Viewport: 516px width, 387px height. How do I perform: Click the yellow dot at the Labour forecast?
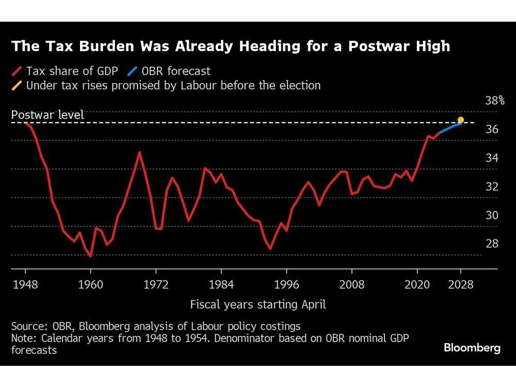click(461, 120)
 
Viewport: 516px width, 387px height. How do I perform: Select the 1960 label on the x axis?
click(90, 284)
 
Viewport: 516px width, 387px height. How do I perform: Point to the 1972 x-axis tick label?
click(156, 284)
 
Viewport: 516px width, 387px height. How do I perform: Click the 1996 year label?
click(286, 284)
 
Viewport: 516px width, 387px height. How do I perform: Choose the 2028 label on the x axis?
click(461, 284)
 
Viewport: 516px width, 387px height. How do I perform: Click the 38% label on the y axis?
click(495, 100)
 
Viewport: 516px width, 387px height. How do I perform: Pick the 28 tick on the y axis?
click(492, 243)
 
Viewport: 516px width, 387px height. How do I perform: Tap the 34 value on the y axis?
click(492, 157)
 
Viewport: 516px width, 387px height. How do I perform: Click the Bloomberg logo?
click(472, 348)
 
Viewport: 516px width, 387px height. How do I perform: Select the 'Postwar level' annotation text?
click(47, 115)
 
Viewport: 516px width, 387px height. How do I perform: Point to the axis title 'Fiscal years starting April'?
click(258, 304)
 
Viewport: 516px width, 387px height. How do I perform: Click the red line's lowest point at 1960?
click(91, 256)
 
